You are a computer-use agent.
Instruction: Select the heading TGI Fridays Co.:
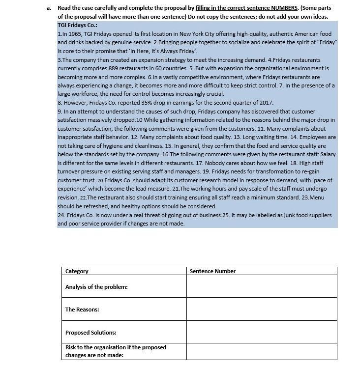pyautogui.click(x=77, y=25)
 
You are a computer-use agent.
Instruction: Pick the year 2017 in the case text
pyautogui.click(x=266, y=103)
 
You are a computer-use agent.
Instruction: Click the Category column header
pyautogui.click(x=77, y=271)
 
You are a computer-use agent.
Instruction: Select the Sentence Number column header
pyautogui.click(x=212, y=271)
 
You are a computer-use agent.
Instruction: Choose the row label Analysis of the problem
pyautogui.click(x=96, y=287)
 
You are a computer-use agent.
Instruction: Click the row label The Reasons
pyautogui.click(x=82, y=310)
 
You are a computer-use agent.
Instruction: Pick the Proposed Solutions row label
pyautogui.click(x=90, y=333)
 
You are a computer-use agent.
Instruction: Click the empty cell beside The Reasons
pyautogui.click(x=262, y=310)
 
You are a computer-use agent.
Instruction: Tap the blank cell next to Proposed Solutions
pyautogui.click(x=262, y=333)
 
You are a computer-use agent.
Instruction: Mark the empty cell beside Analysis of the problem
pyautogui.click(x=262, y=286)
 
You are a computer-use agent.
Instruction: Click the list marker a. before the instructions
pyautogui.click(x=49, y=8)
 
